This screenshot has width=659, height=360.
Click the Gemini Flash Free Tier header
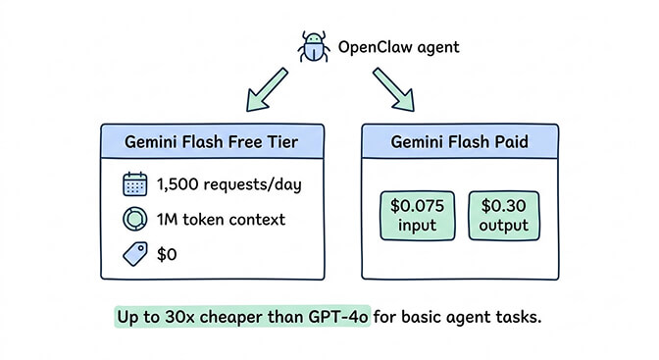coord(212,140)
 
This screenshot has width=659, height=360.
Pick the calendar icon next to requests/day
coord(134,183)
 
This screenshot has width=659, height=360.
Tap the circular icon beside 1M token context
coord(134,218)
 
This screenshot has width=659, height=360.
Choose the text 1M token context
coord(221,219)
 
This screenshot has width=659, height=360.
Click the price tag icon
coord(134,253)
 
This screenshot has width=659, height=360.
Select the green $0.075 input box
coord(418,216)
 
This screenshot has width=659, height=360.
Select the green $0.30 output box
coord(503,216)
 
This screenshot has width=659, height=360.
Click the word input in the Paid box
coord(417,226)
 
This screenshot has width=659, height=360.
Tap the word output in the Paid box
coord(503,226)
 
